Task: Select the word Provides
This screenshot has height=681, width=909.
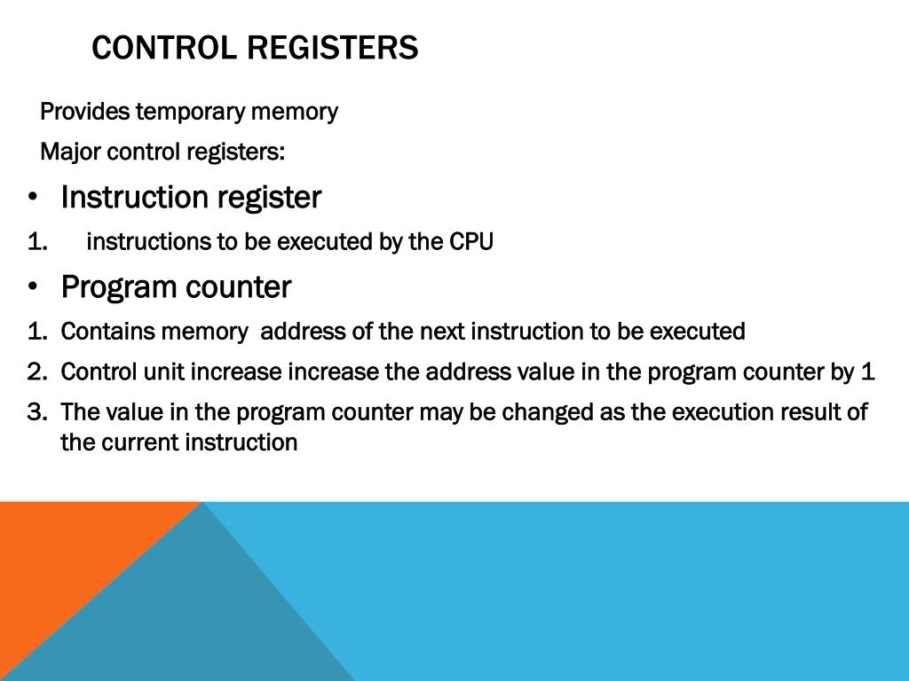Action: pyautogui.click(x=85, y=112)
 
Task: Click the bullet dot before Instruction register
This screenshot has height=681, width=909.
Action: pyautogui.click(x=33, y=197)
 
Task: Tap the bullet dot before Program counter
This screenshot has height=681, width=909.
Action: pyautogui.click(x=33, y=287)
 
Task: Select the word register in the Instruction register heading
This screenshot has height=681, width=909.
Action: pyautogui.click(x=268, y=198)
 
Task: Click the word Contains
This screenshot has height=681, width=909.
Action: pyautogui.click(x=107, y=332)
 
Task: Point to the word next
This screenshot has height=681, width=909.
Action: pyautogui.click(x=442, y=332)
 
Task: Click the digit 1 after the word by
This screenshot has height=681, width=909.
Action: pyautogui.click(x=868, y=372)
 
